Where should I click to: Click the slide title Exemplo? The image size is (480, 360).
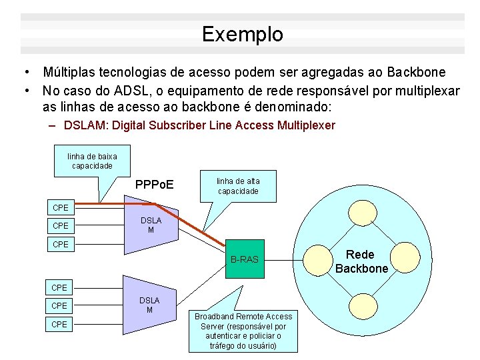(x=242, y=34)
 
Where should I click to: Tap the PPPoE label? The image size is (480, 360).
(x=154, y=183)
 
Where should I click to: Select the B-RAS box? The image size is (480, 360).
(x=245, y=259)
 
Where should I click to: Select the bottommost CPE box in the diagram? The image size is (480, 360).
(x=60, y=324)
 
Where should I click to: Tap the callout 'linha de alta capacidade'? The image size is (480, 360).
(x=238, y=186)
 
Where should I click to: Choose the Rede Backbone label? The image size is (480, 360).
(x=361, y=261)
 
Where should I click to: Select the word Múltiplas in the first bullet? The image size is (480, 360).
(x=69, y=72)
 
